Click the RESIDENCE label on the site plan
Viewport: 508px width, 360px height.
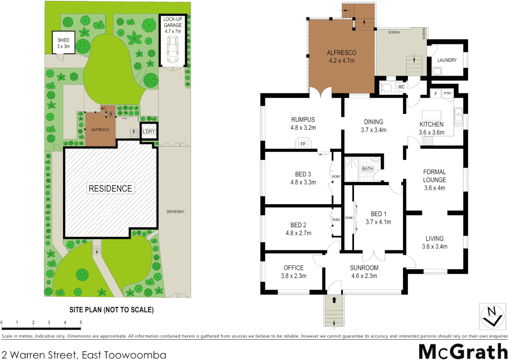(x=110, y=188)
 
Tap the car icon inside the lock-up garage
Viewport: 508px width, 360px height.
(x=173, y=50)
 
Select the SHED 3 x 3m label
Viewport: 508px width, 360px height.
(x=63, y=43)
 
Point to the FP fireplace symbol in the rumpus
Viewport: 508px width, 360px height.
(x=303, y=144)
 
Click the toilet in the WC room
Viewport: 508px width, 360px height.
(x=386, y=88)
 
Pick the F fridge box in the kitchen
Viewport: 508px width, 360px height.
(x=436, y=94)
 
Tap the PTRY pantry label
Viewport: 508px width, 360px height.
(x=448, y=93)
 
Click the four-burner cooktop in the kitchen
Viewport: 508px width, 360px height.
(x=428, y=141)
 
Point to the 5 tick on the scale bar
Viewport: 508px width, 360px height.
(x=81, y=323)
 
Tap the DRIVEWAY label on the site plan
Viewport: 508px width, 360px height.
(x=175, y=212)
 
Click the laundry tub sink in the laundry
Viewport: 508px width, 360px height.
(x=437, y=71)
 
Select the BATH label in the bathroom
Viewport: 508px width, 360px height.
(x=367, y=169)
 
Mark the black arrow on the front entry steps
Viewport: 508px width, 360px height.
(x=334, y=300)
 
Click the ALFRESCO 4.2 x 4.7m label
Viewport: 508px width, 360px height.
(x=341, y=57)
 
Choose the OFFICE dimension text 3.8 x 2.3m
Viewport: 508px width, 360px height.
(x=293, y=276)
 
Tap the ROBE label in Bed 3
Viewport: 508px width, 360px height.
(x=336, y=177)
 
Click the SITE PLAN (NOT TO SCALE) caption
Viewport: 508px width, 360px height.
(x=111, y=310)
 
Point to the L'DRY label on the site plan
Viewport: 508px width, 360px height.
(x=149, y=131)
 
